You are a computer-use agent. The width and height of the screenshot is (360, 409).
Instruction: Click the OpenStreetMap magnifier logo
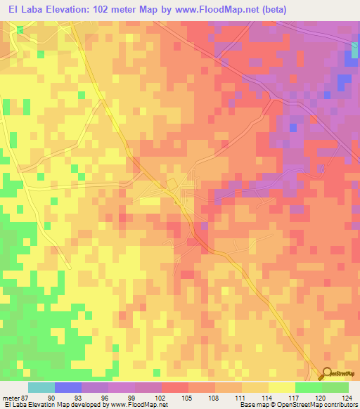[x=328, y=375]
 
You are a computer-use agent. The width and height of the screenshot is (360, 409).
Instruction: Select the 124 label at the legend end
[x=345, y=397]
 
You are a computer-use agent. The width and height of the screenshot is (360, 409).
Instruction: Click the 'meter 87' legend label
[x=15, y=397]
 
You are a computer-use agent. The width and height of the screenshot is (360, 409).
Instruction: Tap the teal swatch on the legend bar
[x=41, y=387]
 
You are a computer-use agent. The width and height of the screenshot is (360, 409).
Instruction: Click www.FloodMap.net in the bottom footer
[x=136, y=405]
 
